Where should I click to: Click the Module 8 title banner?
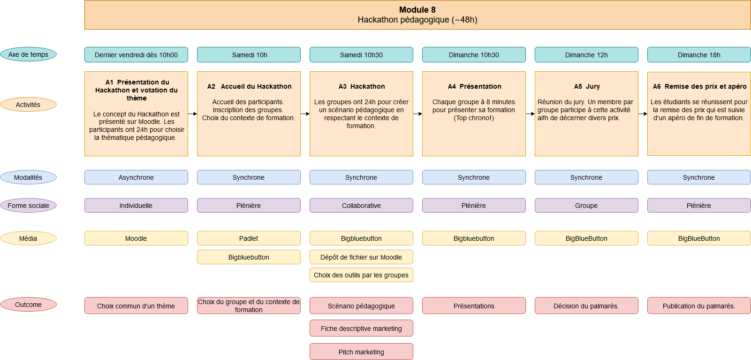[417, 15]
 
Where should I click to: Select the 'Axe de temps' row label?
[28, 54]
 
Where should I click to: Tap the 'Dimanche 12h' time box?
[586, 55]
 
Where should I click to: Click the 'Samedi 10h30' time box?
[361, 55]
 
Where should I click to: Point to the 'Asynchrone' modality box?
[136, 177]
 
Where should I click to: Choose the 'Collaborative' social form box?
[361, 205]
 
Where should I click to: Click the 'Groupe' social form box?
[586, 205]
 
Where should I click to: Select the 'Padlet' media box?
[249, 238]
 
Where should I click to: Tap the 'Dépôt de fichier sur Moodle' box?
[361, 257]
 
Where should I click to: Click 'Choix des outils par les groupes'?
[361, 275]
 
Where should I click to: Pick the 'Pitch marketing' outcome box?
[361, 352]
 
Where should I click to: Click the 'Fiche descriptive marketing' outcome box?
[361, 328]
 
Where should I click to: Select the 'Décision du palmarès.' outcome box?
[586, 306]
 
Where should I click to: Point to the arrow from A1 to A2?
[192, 114]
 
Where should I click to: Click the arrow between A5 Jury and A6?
[643, 114]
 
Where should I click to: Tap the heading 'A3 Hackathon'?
[361, 86]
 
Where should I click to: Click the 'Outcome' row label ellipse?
[28, 305]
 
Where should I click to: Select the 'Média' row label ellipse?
[28, 238]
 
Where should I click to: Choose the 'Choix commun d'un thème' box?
[136, 306]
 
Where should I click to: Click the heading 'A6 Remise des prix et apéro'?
[699, 86]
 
